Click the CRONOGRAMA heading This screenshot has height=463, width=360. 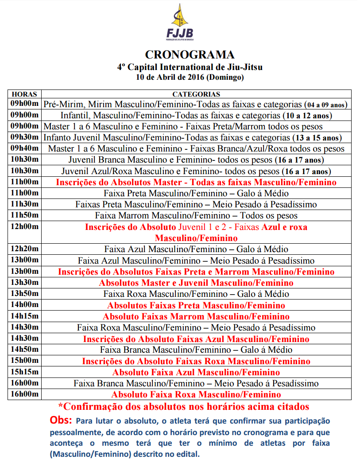190,55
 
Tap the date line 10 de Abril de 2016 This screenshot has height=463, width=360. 190,77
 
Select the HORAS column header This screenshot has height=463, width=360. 24,94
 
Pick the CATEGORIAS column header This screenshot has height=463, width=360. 196,94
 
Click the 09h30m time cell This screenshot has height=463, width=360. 24,137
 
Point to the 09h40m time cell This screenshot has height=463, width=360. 24,148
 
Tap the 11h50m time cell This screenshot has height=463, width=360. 24,215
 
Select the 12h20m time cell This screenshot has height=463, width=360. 24,249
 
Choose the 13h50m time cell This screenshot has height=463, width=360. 24,294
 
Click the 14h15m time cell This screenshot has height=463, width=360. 24,316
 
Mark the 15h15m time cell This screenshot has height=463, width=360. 24,372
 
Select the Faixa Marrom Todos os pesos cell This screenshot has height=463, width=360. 196,216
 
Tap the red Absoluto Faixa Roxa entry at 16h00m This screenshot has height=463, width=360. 196,394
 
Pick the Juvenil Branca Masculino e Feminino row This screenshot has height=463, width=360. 196,160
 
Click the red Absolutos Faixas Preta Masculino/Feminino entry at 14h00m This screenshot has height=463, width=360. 196,305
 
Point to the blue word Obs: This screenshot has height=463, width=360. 62,420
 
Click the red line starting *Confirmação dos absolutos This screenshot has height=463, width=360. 184,406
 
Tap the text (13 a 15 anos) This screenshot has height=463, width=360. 318,138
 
